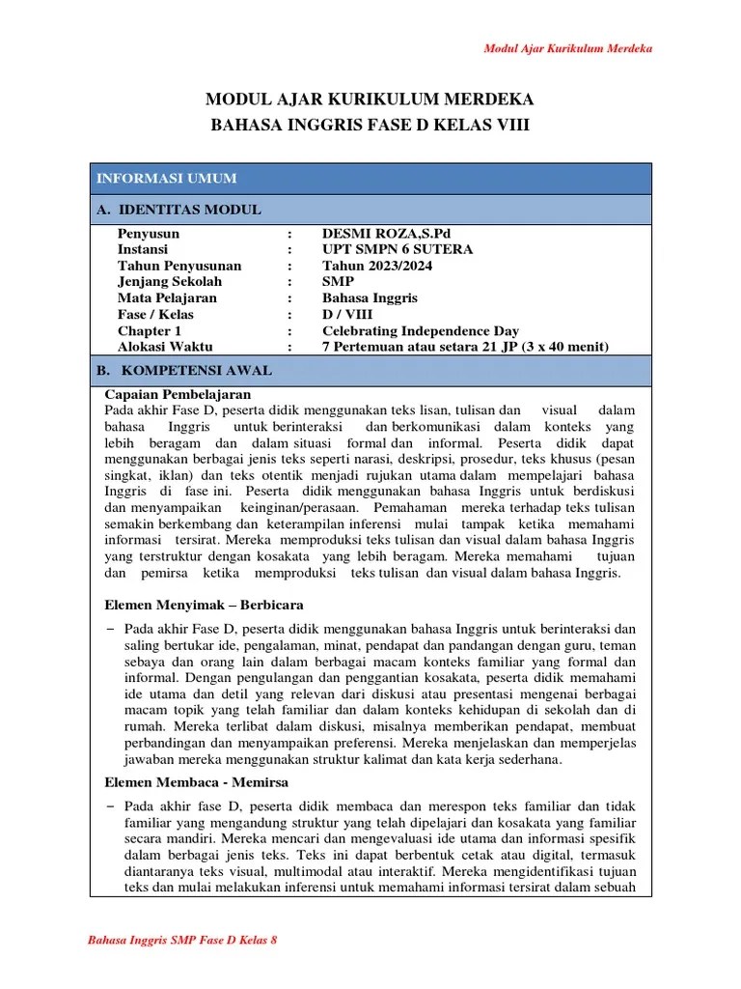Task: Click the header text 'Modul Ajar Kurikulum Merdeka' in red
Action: click(x=567, y=48)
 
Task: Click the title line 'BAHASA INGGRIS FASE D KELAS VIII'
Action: click(x=370, y=126)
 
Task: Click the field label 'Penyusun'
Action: click(x=148, y=234)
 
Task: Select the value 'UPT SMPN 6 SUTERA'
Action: click(x=398, y=249)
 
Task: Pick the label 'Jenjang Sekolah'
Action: click(x=169, y=281)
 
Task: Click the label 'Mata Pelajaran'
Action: click(x=167, y=297)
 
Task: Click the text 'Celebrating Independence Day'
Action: click(x=420, y=330)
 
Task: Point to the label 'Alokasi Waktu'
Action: click(x=165, y=346)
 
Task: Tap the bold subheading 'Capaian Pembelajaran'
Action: click(x=177, y=394)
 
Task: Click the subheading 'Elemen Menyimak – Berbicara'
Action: click(x=204, y=605)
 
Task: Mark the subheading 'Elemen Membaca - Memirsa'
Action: click(x=196, y=781)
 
